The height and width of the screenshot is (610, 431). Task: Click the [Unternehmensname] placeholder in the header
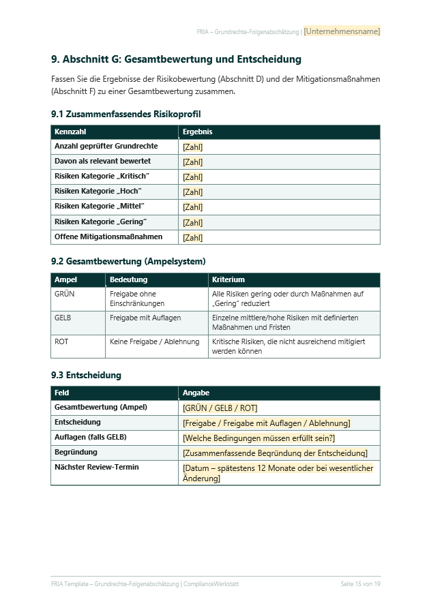coord(342,31)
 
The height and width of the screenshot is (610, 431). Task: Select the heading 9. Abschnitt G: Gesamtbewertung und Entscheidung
coord(176,60)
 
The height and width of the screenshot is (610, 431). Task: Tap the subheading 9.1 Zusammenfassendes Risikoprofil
coord(125,114)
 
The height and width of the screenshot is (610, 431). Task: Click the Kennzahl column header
coord(71,132)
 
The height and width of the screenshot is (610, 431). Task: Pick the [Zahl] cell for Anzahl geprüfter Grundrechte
coord(193,147)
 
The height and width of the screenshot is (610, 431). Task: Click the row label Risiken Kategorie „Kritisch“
coord(102,177)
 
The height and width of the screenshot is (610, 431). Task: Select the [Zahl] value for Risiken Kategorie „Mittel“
coord(193,207)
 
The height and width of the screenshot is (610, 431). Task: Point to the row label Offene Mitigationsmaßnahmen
coord(108,237)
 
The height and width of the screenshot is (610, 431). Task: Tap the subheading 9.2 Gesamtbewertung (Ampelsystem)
coord(128,261)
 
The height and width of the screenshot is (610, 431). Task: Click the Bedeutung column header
coord(128,279)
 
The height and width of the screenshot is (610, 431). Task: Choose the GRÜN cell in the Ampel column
coord(65,294)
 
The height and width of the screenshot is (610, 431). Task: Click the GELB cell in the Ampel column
coord(63,318)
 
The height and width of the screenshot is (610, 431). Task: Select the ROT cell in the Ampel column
coord(61,342)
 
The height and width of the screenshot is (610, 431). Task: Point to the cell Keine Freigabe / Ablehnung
coord(155,342)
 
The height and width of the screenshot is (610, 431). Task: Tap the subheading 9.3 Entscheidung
coord(86,375)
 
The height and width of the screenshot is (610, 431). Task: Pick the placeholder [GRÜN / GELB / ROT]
coord(220,408)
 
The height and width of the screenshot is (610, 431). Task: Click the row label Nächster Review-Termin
coord(96,468)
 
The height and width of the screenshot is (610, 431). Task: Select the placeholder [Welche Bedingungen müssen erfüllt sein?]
coord(259,438)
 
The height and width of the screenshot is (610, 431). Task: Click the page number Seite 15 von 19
coord(360,584)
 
